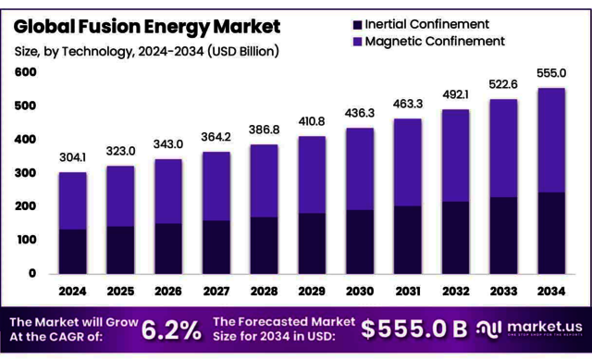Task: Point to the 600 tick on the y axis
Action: pos(26,72)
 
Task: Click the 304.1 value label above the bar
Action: pos(72,156)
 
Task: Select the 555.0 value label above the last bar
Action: pos(552,72)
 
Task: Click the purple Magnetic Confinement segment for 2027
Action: pos(216,186)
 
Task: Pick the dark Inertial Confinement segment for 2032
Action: pos(456,237)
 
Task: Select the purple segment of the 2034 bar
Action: pos(552,140)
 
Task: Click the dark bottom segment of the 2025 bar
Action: pos(120,249)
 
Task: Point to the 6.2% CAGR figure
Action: pos(172,329)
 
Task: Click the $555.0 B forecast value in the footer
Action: pos(413,329)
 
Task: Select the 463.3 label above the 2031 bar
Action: pos(408,104)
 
